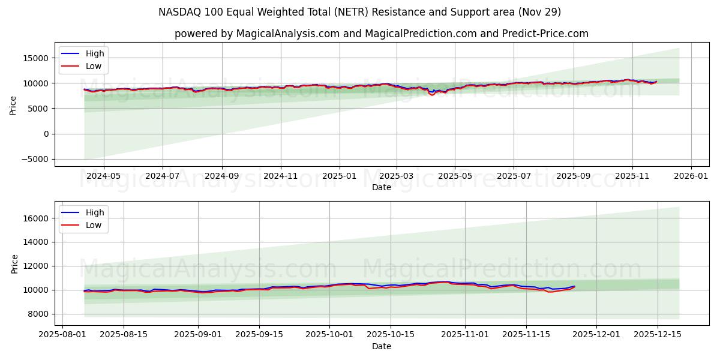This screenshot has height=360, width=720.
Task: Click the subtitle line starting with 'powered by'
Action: (x=381, y=34)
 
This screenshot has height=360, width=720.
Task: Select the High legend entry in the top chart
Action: (x=94, y=53)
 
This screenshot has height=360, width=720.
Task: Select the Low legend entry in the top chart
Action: (x=94, y=67)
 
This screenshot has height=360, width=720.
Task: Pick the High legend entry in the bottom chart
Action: (x=94, y=212)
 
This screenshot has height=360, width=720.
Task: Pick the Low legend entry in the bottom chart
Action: (x=94, y=226)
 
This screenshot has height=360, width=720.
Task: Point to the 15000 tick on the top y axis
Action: (x=36, y=58)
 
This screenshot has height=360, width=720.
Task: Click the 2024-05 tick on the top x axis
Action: (x=104, y=176)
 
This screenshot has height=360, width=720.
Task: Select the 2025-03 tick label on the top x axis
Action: (x=397, y=176)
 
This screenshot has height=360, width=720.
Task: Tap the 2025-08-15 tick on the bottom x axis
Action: (x=124, y=335)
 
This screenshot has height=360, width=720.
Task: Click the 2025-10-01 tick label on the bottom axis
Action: (x=329, y=335)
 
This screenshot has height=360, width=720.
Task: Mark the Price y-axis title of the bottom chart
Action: (x=14, y=263)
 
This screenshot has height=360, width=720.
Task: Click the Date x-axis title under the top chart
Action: (x=381, y=187)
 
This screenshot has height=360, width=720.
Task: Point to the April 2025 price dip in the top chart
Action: (x=431, y=94)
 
